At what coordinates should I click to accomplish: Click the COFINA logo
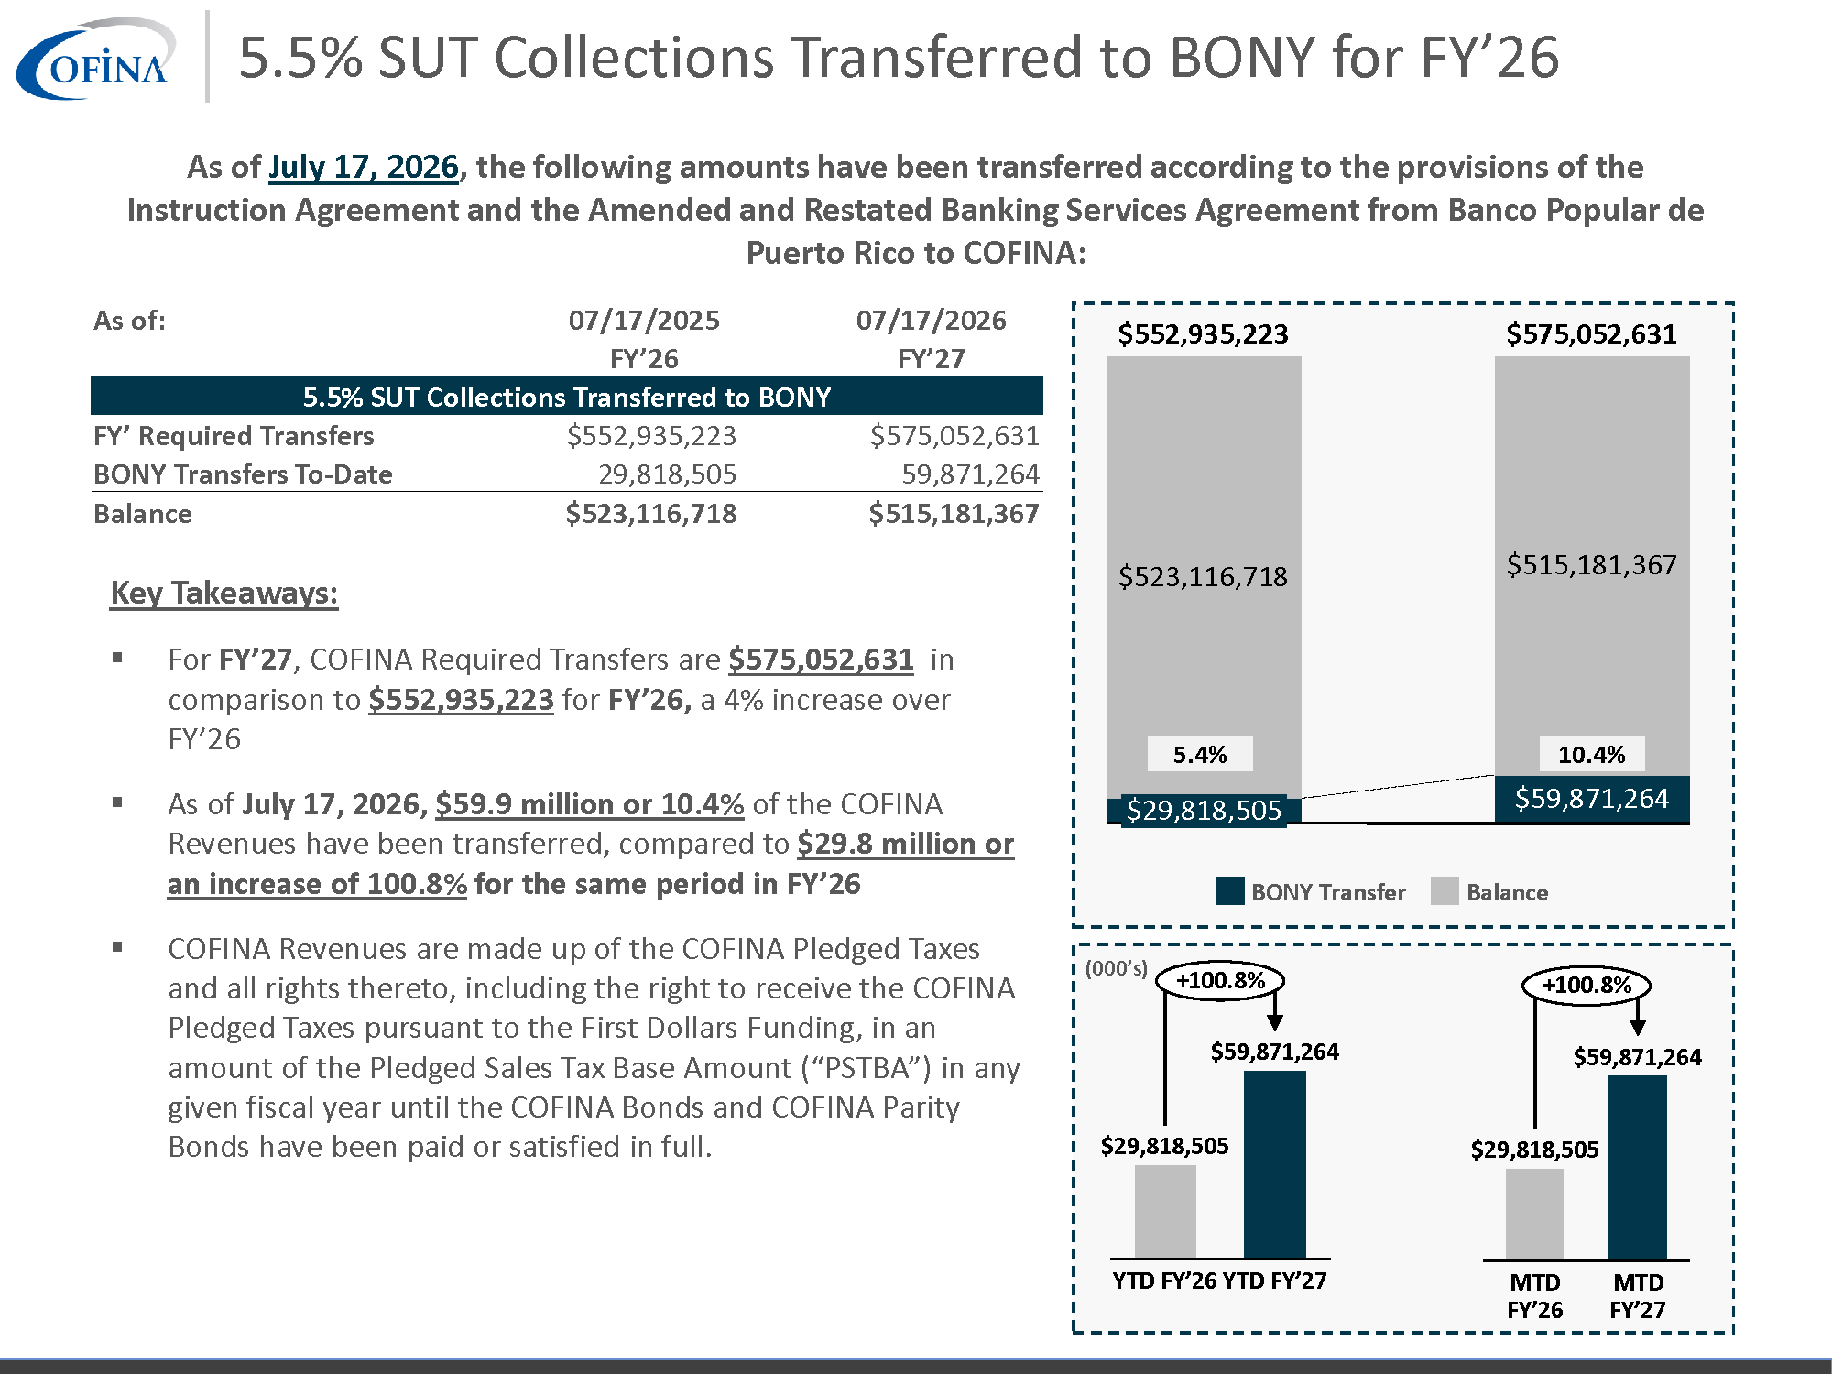coord(95,59)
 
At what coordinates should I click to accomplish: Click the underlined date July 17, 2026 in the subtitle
coord(363,167)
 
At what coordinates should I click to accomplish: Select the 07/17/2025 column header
coord(644,320)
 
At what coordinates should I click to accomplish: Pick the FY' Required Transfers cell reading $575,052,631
coord(954,435)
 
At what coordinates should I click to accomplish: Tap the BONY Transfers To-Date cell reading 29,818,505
coord(667,474)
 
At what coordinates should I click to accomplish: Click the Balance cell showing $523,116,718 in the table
coord(650,513)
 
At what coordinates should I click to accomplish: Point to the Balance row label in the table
coord(143,513)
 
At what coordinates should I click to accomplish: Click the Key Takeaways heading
coord(224,593)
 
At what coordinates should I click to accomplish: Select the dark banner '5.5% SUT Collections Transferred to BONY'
coord(566,396)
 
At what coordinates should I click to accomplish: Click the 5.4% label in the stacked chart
coord(1200,754)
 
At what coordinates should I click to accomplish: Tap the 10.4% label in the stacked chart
coord(1592,754)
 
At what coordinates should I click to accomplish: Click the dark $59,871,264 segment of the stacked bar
coord(1592,799)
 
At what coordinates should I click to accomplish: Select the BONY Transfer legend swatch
coord(1230,891)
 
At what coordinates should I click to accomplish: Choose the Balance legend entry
coord(1489,891)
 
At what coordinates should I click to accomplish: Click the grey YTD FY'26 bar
coord(1165,1211)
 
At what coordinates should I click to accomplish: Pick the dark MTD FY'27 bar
coord(1638,1168)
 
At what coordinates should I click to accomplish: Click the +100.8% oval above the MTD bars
coord(1587,986)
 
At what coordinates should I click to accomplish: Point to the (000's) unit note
coord(1117,968)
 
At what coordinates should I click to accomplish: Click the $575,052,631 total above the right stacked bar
coord(1592,333)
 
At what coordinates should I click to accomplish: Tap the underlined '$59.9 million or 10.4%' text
coord(589,803)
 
